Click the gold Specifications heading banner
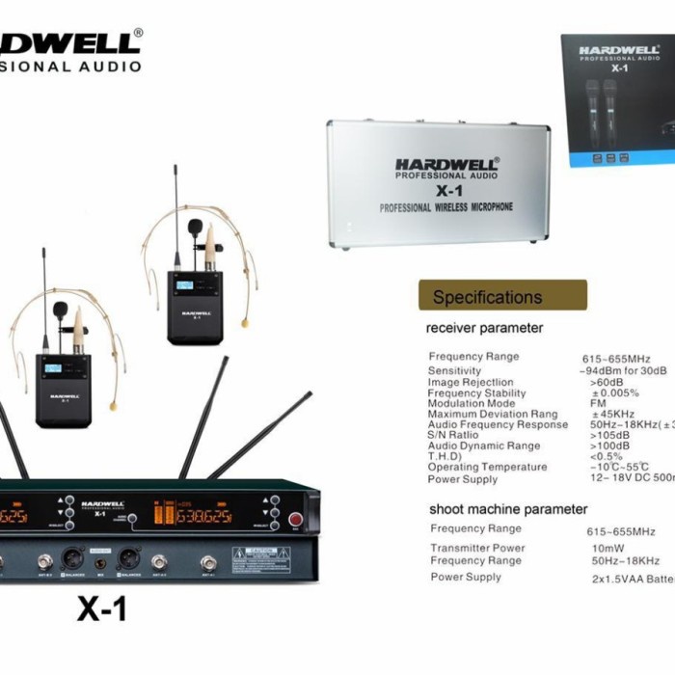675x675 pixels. pyautogui.click(x=502, y=296)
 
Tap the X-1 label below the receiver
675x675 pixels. pyautogui.click(x=101, y=609)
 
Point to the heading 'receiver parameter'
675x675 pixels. pyautogui.click(x=484, y=328)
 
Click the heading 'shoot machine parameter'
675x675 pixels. pyautogui.click(x=508, y=509)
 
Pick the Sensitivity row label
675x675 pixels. pyautogui.click(x=454, y=370)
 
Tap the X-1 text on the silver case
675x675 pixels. pyautogui.click(x=446, y=191)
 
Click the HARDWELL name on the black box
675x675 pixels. pyautogui.click(x=620, y=49)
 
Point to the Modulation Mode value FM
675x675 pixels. pyautogui.click(x=598, y=403)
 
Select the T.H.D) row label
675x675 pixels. pyautogui.click(x=445, y=456)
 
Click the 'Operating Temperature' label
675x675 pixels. pyautogui.click(x=487, y=468)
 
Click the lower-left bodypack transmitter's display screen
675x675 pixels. pyautogui.click(x=61, y=369)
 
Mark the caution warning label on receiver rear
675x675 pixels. pyautogui.click(x=259, y=556)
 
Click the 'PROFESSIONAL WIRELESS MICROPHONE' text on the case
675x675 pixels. pyautogui.click(x=446, y=207)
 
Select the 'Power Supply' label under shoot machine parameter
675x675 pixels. pyautogui.click(x=466, y=577)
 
